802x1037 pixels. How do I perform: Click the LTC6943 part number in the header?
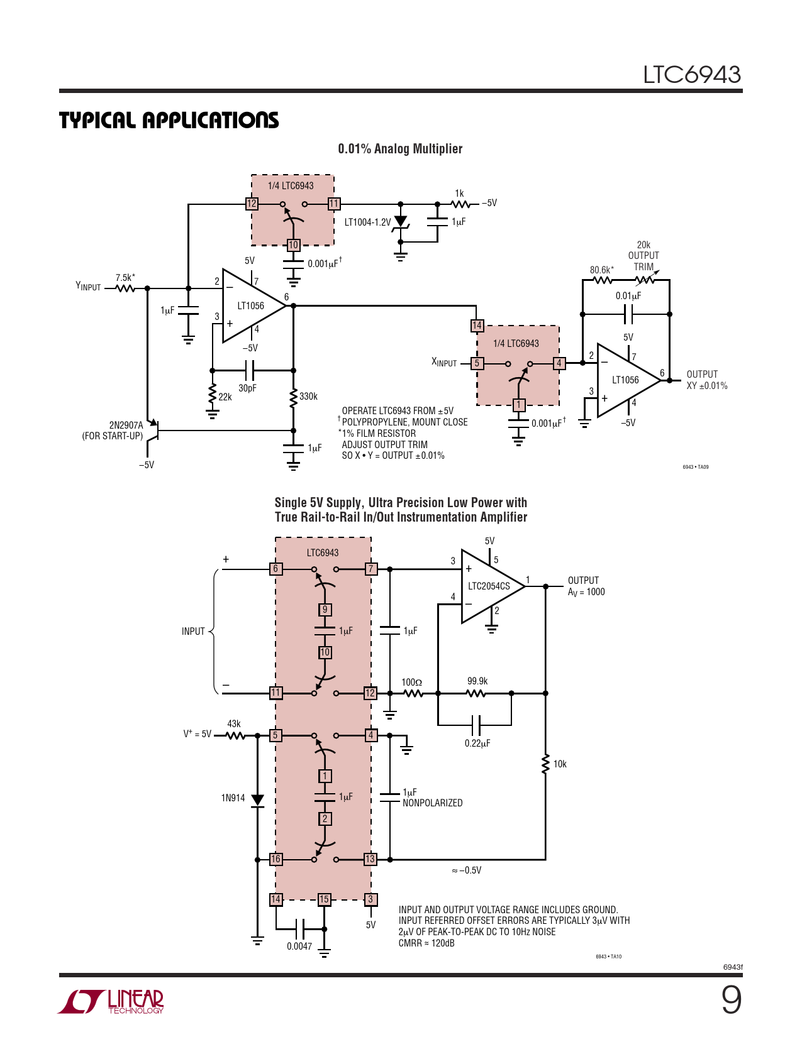tap(692, 75)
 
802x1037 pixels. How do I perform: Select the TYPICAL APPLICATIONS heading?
tap(169, 120)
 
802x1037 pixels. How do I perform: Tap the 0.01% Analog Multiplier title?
tap(400, 149)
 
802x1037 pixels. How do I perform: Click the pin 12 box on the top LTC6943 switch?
tap(252, 204)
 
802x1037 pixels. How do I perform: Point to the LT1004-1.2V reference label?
tap(367, 222)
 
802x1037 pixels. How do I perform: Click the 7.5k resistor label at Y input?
tap(125, 278)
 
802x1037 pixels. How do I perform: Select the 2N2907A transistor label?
tap(126, 425)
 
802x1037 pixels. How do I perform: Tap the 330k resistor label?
tap(308, 396)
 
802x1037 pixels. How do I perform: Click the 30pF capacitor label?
tap(247, 388)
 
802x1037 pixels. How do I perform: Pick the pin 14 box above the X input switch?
tap(477, 326)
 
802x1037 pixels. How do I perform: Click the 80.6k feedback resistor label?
tap(601, 270)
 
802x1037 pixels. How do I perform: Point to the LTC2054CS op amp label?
tap(489, 586)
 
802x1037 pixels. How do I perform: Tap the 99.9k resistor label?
tap(477, 681)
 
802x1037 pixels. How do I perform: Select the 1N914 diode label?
tap(233, 798)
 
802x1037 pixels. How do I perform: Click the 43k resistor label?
tap(233, 724)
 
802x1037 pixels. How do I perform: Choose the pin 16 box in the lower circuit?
tap(276, 859)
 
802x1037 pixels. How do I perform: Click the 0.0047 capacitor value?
tap(299, 946)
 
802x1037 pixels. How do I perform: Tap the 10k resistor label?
tap(560, 764)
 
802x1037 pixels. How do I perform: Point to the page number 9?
tap(732, 1001)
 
